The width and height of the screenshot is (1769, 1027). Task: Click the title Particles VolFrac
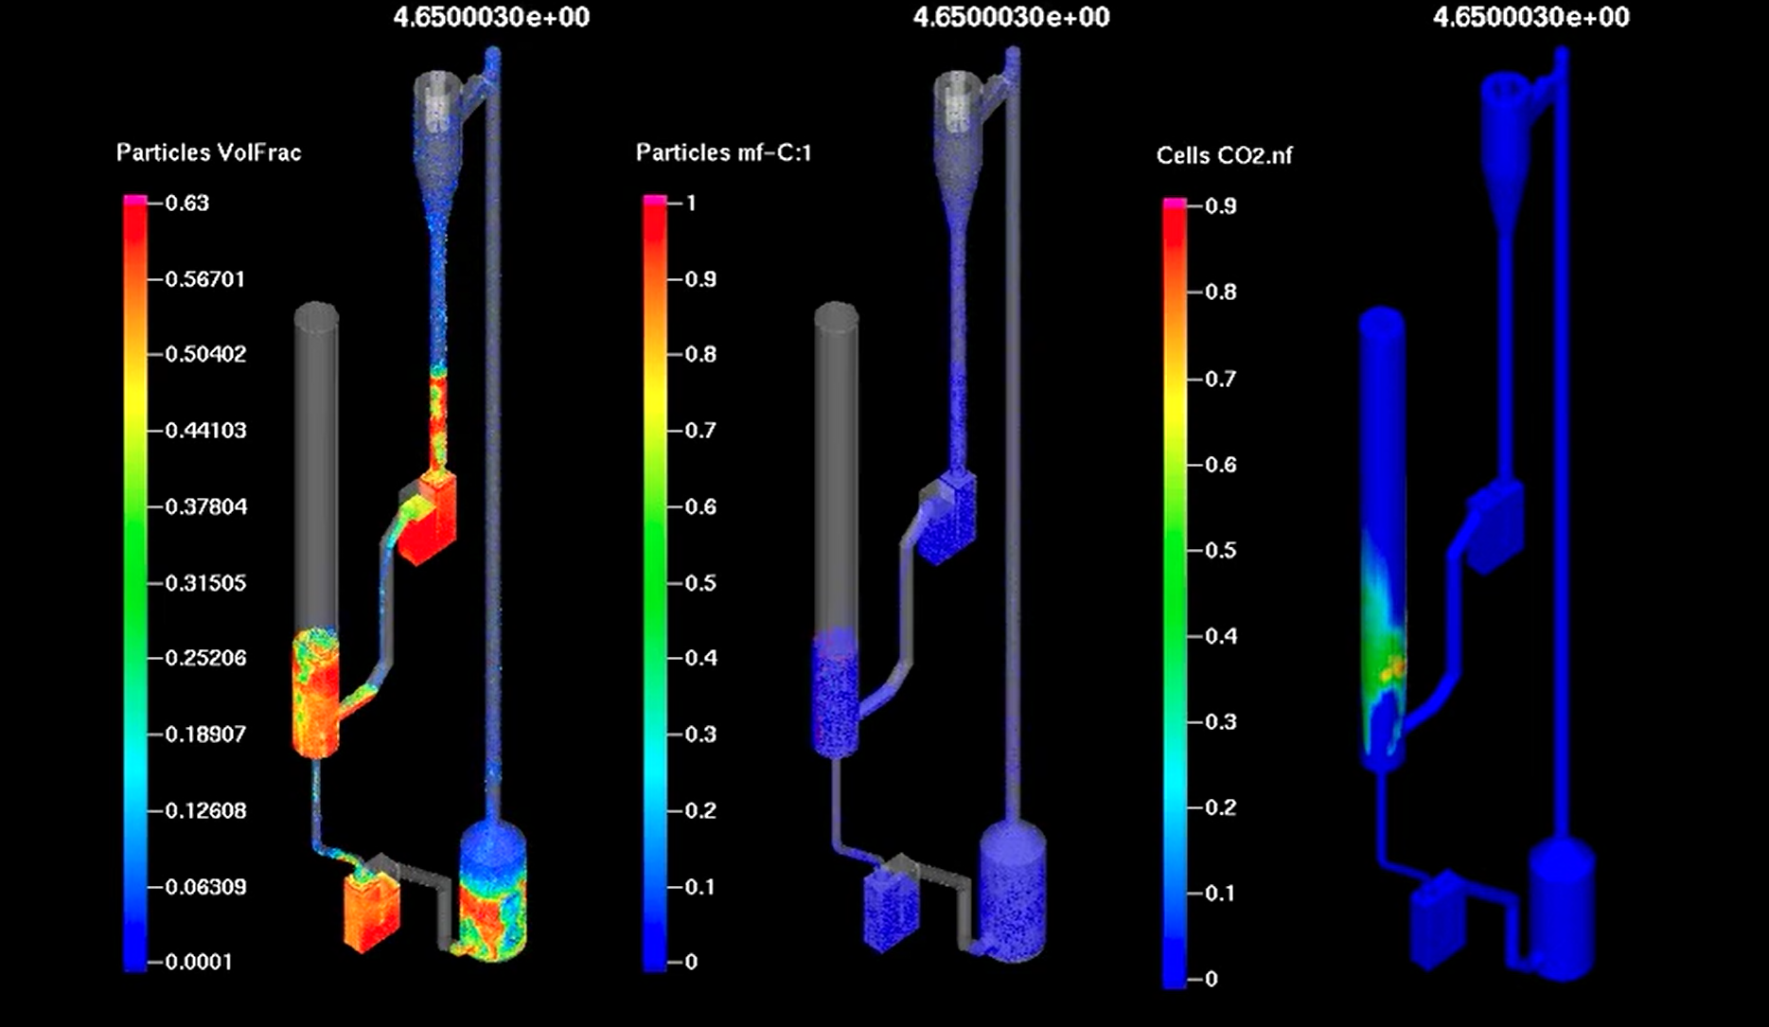tap(208, 152)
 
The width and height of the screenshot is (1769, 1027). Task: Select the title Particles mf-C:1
tap(723, 152)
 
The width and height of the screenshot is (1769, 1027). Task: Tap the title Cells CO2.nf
tap(1224, 155)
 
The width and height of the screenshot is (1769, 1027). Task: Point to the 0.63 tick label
tap(186, 203)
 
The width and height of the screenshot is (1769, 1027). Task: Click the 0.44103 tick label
tap(205, 431)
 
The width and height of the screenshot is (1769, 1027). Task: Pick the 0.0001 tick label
tap(199, 962)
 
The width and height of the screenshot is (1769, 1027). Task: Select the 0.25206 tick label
tap(205, 658)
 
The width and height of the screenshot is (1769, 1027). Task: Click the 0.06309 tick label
tap(205, 887)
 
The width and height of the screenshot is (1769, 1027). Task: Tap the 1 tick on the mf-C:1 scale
tap(691, 203)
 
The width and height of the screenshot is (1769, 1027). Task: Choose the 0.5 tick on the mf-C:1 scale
tap(700, 583)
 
